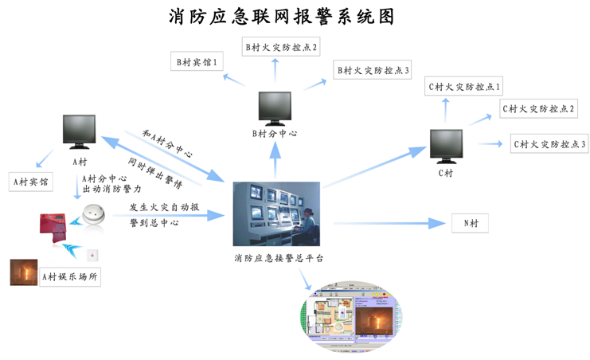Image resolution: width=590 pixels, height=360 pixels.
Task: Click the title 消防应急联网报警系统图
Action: pyautogui.click(x=282, y=16)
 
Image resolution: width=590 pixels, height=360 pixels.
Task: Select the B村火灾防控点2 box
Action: pyautogui.click(x=281, y=47)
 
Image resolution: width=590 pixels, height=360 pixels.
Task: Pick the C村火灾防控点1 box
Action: pyautogui.click(x=463, y=86)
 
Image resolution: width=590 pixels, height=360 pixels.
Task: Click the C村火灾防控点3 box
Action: pyautogui.click(x=549, y=144)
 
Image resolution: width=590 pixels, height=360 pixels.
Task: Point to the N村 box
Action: pyautogui.click(x=470, y=224)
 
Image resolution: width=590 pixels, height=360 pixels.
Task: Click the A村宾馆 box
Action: pyautogui.click(x=29, y=182)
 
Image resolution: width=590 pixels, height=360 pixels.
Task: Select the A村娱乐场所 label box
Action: pyautogui.click(x=71, y=276)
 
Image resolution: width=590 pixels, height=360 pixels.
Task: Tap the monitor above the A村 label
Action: pyautogui.click(x=80, y=131)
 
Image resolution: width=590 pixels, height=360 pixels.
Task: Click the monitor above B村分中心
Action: pyautogui.click(x=275, y=108)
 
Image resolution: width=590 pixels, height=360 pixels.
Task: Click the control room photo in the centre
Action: pyautogui.click(x=275, y=213)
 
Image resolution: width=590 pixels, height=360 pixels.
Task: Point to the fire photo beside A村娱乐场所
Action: pyautogui.click(x=23, y=272)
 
